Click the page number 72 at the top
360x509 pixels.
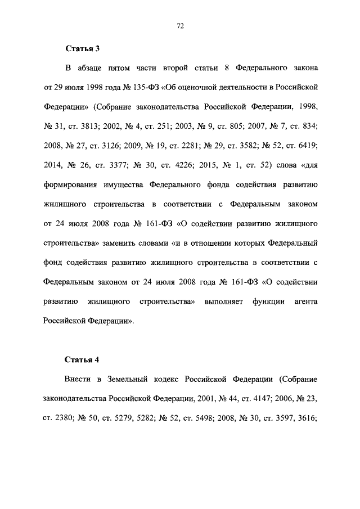[181, 26]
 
